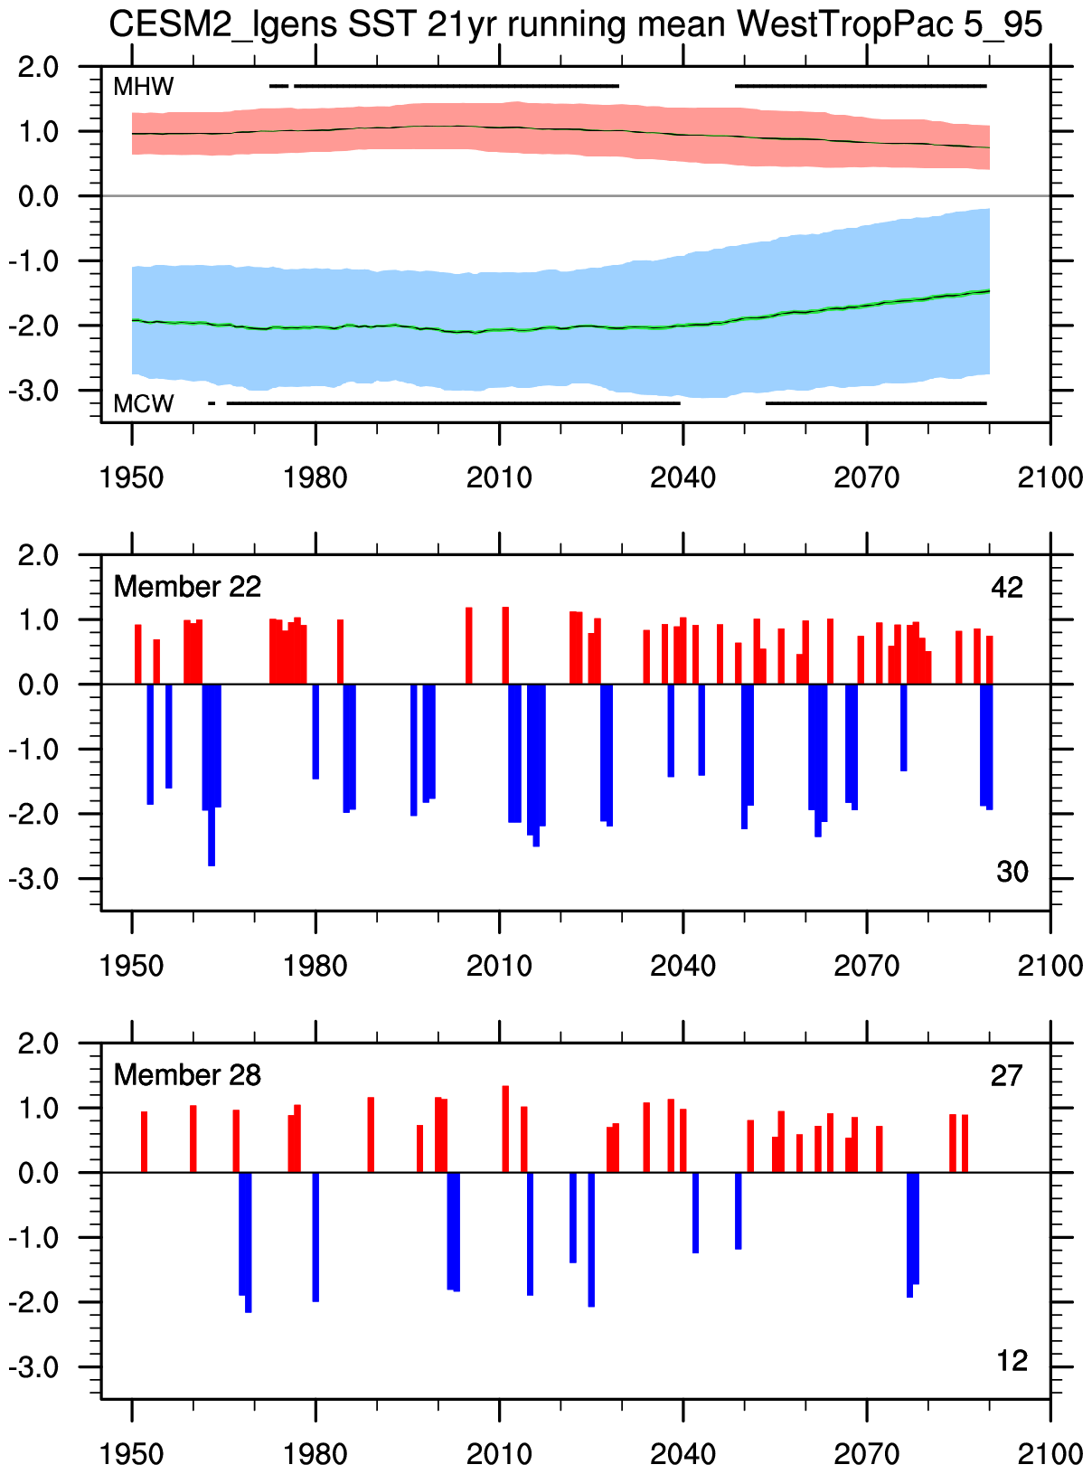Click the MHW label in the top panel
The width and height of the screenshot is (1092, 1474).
point(143,88)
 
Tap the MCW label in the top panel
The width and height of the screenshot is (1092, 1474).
point(143,403)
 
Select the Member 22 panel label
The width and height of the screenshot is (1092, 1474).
point(187,587)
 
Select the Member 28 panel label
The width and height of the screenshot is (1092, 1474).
point(187,1075)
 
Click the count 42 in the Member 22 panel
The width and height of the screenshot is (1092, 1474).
point(1007,589)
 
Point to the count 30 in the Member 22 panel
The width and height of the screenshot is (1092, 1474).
point(1012,873)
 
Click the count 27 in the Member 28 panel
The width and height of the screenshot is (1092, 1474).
point(1007,1076)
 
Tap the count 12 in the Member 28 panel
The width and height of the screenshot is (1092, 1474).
point(1012,1361)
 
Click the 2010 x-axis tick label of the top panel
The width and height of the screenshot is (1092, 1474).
point(499,477)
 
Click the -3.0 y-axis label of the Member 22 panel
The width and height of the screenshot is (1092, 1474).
point(34,879)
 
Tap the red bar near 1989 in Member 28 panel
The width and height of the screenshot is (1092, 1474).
point(371,1135)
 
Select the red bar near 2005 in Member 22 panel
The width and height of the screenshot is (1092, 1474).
point(469,646)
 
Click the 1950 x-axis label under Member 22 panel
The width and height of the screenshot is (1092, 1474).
point(132,966)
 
